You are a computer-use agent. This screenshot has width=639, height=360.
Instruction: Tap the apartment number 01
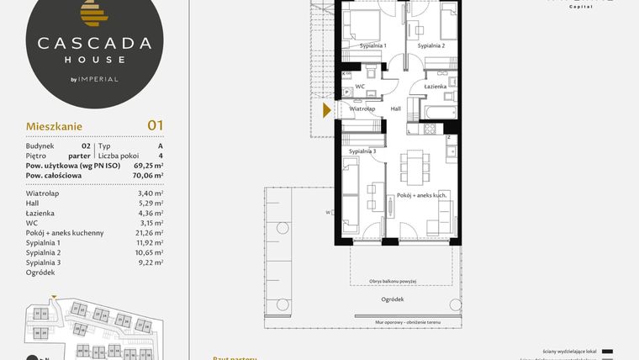coord(155,125)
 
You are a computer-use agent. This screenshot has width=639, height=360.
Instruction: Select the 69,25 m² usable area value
coord(147,166)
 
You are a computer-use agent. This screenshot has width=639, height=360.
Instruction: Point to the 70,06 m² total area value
coord(147,176)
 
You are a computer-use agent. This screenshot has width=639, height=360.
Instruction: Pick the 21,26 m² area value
coord(149,232)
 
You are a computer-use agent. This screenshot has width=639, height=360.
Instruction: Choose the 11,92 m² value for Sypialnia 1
coord(149,242)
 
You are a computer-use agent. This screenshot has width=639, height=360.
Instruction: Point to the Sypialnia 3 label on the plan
coord(362,151)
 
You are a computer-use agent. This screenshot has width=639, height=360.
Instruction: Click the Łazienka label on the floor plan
coord(436,87)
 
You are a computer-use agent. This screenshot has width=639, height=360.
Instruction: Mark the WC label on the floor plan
coord(359,87)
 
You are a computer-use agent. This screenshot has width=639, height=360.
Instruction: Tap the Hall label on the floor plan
coord(396,109)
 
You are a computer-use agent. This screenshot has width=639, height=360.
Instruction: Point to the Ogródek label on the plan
coord(392,299)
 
